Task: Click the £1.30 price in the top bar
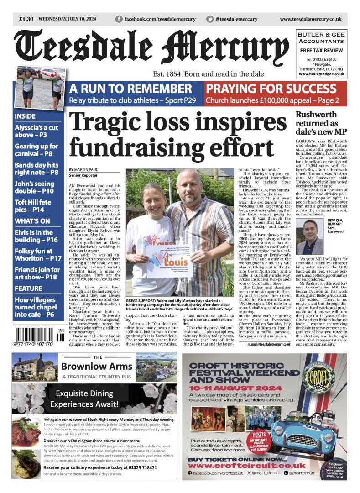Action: (26, 19)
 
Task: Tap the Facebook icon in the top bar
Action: (119, 19)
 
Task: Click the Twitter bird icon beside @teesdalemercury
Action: (210, 19)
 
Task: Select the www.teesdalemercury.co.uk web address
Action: (310, 19)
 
